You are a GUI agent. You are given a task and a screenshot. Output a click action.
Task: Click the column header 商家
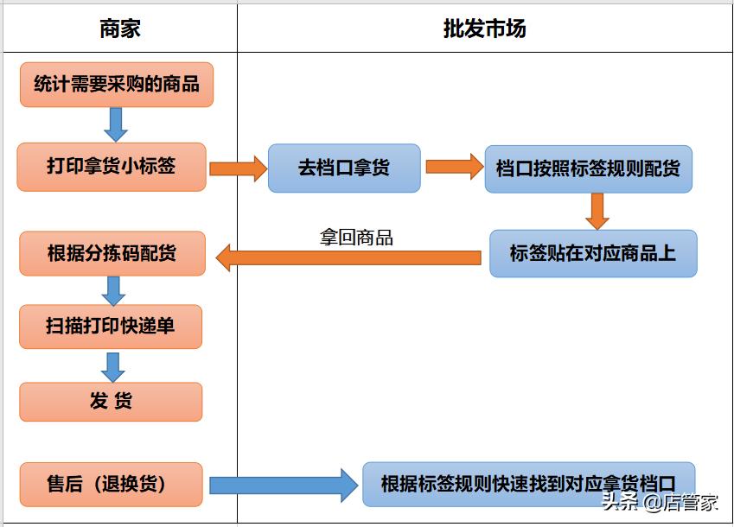(119, 29)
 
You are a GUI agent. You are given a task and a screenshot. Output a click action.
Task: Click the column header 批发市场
(484, 29)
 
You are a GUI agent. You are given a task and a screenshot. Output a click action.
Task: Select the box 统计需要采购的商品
(117, 84)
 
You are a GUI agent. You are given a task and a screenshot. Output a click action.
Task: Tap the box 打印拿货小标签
(111, 166)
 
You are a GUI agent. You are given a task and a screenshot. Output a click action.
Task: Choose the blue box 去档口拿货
(344, 168)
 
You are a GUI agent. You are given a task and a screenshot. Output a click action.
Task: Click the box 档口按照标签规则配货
(588, 168)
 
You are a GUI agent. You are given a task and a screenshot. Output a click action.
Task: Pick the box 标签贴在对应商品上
(592, 253)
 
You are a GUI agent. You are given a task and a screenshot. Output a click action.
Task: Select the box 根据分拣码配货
(112, 253)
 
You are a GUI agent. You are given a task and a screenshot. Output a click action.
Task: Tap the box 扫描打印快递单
(111, 327)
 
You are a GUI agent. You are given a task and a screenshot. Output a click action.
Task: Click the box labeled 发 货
(111, 402)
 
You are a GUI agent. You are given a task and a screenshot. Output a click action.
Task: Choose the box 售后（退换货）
(111, 484)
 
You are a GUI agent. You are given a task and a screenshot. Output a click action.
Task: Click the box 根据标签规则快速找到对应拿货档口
(527, 484)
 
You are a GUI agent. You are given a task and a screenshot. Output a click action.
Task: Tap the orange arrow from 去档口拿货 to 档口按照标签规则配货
(454, 166)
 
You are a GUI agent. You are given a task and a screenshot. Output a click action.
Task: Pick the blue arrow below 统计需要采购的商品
(115, 124)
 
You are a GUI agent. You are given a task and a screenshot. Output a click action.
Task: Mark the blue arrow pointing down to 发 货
(112, 366)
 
